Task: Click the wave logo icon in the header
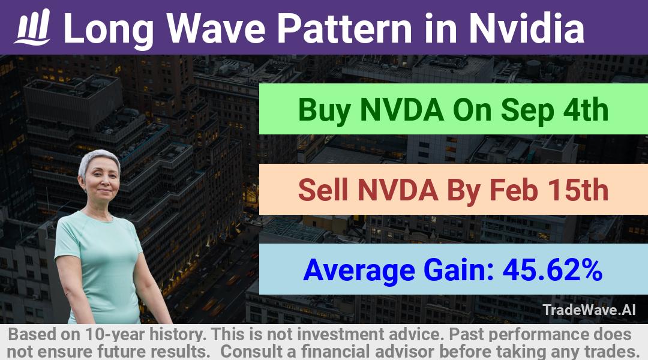click(x=32, y=27)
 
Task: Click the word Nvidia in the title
click(x=527, y=28)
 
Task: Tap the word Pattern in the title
click(x=344, y=28)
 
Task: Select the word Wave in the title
click(x=216, y=28)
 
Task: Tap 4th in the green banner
click(x=586, y=110)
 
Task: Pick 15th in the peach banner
click(x=578, y=190)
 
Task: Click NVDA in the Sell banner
click(x=398, y=190)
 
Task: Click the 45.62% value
click(x=552, y=270)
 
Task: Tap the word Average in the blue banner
click(x=359, y=271)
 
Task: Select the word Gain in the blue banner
click(x=459, y=270)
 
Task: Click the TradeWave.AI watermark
click(x=589, y=310)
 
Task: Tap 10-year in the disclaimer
click(x=115, y=334)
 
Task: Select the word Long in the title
click(x=109, y=29)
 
